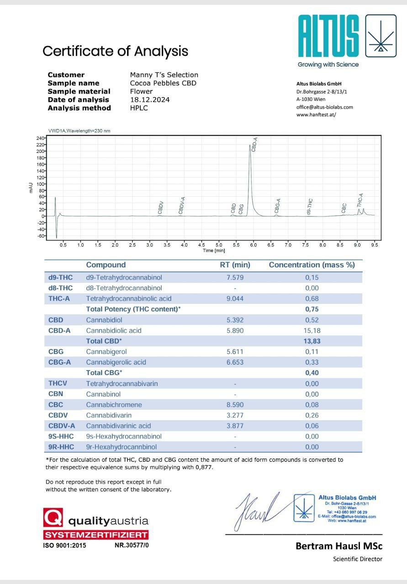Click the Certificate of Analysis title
[115, 51]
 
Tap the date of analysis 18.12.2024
[149, 100]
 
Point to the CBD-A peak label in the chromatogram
[255, 144]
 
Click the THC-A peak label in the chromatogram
[360, 200]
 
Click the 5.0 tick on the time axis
[219, 245]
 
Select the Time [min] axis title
[214, 250]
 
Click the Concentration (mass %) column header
[312, 265]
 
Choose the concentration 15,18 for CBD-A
[312, 330]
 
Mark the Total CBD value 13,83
[312, 341]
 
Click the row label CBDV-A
[61, 426]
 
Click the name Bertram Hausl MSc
[339, 546]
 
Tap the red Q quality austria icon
[53, 519]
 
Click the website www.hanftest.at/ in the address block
[316, 115]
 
